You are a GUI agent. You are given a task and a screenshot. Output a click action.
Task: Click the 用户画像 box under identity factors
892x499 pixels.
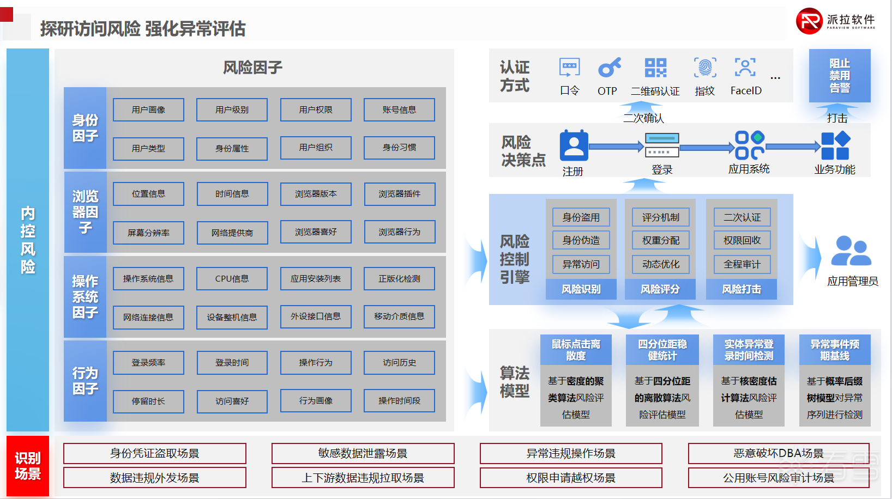tap(148, 110)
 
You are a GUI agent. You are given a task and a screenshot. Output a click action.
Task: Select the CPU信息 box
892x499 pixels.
tap(232, 278)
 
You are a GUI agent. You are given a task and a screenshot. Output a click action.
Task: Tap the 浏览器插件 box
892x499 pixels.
tap(400, 194)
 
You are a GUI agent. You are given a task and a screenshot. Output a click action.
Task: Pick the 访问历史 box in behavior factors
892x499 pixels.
tap(400, 362)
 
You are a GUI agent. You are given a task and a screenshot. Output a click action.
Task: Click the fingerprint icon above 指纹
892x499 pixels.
tap(705, 68)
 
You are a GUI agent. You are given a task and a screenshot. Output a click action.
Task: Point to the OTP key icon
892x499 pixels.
tap(609, 67)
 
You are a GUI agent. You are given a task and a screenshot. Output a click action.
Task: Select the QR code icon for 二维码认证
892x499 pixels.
tap(655, 68)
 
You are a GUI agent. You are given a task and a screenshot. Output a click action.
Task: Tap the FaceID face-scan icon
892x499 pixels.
tap(745, 67)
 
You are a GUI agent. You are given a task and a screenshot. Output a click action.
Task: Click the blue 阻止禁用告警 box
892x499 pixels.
tap(840, 76)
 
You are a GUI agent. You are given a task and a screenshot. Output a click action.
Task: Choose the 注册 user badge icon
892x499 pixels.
tap(574, 145)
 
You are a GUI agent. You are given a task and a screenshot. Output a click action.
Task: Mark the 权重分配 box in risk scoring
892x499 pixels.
tap(661, 240)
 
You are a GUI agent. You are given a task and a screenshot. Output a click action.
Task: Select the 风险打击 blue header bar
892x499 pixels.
tap(742, 289)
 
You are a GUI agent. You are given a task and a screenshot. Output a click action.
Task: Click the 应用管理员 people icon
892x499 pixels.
tap(851, 251)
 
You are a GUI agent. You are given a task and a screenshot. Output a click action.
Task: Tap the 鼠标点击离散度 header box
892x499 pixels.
tap(576, 350)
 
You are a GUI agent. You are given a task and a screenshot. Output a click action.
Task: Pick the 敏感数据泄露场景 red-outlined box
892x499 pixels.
tap(363, 453)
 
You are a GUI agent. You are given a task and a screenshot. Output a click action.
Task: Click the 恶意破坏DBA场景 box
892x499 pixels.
tap(779, 453)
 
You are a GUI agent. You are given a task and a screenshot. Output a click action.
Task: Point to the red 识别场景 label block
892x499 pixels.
tap(28, 466)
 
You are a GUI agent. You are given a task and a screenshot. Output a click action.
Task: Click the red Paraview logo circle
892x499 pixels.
tap(809, 21)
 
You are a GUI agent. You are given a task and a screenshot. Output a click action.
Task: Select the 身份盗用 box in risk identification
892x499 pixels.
tap(581, 217)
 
